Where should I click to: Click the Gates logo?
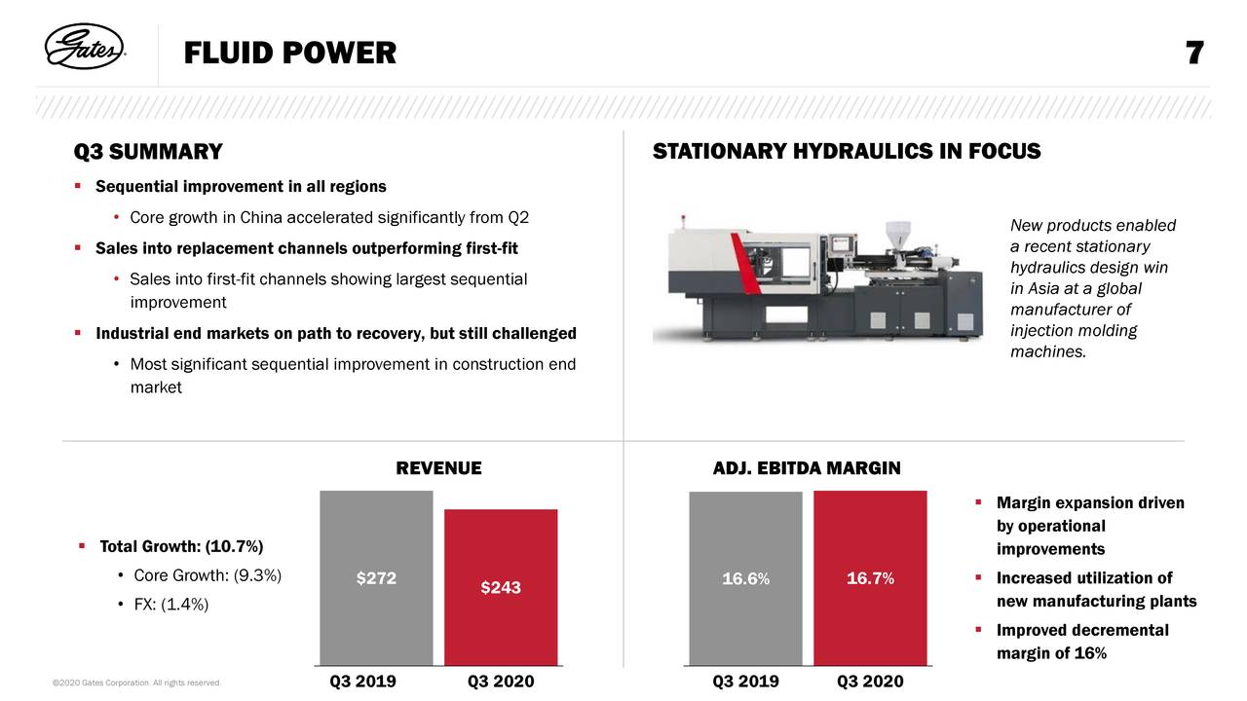point(85,47)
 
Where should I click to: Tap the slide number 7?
point(1194,53)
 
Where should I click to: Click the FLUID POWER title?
point(290,53)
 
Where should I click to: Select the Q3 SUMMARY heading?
point(148,152)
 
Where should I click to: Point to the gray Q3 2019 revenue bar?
point(376,578)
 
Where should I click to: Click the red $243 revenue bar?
point(501,587)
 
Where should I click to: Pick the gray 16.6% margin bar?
point(746,578)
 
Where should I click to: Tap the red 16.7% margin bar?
point(871,578)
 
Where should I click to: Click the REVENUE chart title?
point(438,468)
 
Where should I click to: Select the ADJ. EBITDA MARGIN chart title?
point(807,468)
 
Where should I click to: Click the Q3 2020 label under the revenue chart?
point(501,681)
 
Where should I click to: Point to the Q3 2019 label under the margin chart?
point(746,681)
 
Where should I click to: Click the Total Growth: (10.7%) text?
point(181,546)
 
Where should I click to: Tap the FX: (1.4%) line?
point(171,605)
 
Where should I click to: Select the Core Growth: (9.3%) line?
point(208,575)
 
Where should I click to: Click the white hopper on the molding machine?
point(898,235)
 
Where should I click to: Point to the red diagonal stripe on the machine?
point(746,263)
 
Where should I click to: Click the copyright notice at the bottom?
point(136,683)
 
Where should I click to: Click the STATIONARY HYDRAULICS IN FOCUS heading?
point(847,151)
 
